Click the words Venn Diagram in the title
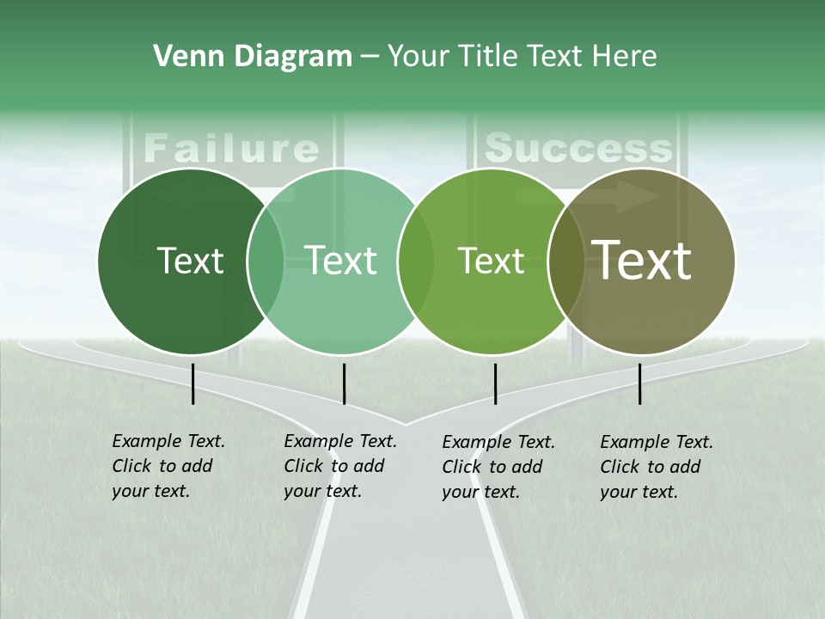point(253,57)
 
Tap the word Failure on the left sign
point(231,148)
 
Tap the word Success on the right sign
point(577,148)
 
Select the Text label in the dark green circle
point(190,260)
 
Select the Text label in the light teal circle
point(340,260)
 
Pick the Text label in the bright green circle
point(491,260)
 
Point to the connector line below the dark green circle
point(193,383)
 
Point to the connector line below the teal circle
point(344,383)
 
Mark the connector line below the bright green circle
point(495,383)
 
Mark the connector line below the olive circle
point(639,383)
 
